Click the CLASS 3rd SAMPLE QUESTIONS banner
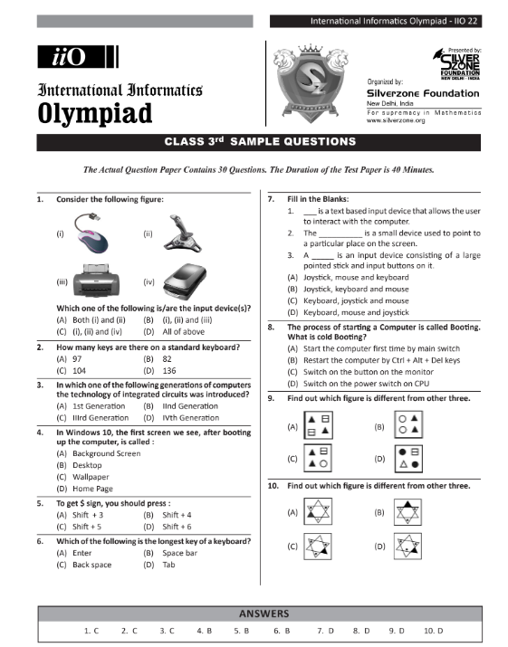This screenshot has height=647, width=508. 260,142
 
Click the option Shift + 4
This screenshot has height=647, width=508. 179,514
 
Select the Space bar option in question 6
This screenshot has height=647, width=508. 178,552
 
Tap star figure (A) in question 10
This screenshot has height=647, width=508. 316,512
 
